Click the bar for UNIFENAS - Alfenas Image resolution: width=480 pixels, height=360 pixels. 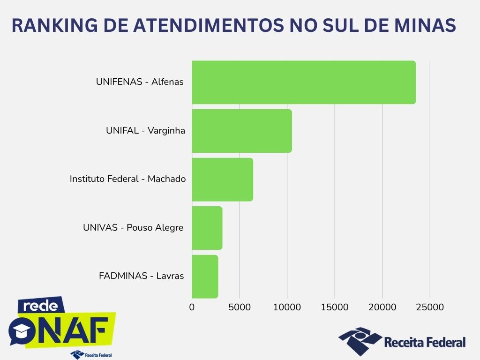303,82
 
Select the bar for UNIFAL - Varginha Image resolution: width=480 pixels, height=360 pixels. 241,131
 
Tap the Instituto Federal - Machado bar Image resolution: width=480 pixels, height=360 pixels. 222,180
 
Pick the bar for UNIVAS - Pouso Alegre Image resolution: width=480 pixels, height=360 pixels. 207,228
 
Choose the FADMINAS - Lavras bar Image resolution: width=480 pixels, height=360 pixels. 205,277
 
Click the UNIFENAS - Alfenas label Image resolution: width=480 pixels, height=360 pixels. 140,82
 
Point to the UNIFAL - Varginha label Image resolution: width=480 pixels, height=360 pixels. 145,130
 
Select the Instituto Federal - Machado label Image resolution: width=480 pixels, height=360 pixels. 127,179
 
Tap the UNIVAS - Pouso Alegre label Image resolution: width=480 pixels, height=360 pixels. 133,228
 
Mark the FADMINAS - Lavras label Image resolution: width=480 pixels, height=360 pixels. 141,276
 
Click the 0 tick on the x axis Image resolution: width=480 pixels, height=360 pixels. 192,307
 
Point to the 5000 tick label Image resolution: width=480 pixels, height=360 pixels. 240,307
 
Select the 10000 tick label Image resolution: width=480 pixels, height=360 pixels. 287,307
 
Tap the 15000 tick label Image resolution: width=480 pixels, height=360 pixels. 335,307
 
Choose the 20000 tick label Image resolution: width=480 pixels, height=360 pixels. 382,307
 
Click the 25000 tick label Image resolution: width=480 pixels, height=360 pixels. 430,307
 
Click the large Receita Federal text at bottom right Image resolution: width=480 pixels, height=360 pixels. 425,342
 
